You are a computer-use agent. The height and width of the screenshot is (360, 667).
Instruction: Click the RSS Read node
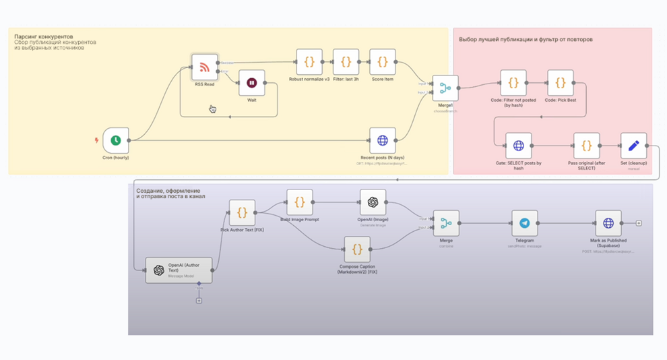point(205,67)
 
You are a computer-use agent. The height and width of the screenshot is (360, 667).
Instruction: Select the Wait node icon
point(251,83)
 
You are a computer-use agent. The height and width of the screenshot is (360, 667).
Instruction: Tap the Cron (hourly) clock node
point(116,140)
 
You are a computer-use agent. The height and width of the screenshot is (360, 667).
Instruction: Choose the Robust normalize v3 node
point(309,62)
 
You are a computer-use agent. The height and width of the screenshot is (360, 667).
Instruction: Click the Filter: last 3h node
point(346,62)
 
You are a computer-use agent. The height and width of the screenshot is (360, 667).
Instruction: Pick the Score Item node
point(382,62)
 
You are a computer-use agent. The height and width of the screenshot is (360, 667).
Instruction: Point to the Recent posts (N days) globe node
point(382,140)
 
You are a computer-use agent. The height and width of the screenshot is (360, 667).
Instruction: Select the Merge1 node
point(445,88)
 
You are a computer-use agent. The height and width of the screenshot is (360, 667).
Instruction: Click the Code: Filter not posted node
point(513,83)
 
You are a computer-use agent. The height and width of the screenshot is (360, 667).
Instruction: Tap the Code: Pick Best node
point(560,83)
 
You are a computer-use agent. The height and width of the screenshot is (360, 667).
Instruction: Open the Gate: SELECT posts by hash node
point(518,146)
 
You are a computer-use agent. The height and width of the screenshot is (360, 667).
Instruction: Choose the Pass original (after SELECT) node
point(586,146)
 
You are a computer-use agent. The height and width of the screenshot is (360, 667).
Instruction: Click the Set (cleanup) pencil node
point(633,146)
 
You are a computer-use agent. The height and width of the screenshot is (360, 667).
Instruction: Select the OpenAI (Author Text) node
point(179,270)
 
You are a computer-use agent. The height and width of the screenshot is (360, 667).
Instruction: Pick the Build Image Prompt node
point(299,202)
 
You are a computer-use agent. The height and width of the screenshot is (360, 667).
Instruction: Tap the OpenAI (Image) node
point(373,202)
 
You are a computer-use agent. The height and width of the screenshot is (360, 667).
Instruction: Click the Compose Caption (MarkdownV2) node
point(357,249)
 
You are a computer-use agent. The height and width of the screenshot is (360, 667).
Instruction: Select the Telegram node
point(524,223)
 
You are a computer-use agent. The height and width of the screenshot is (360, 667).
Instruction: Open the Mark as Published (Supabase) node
point(608,223)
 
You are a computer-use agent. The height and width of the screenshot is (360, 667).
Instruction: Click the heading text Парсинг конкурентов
point(44,36)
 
